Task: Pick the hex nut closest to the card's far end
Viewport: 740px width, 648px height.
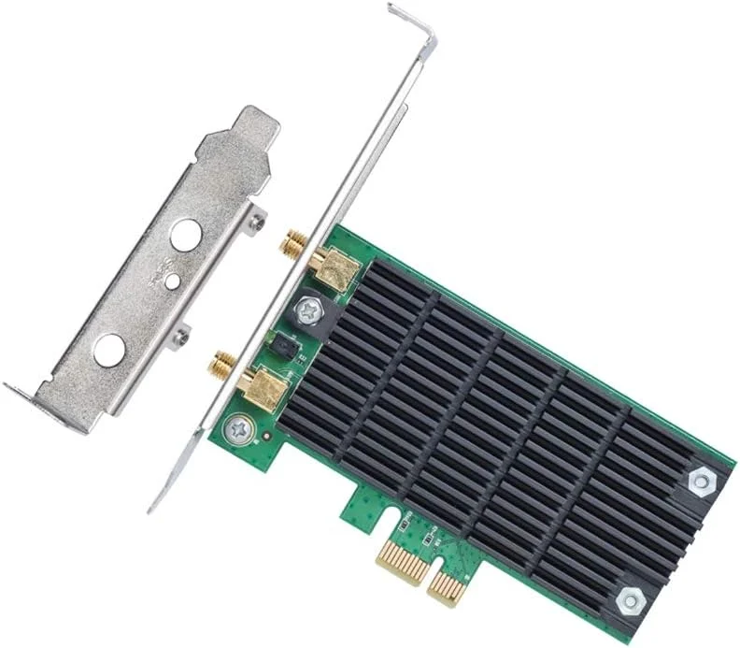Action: (699, 480)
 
